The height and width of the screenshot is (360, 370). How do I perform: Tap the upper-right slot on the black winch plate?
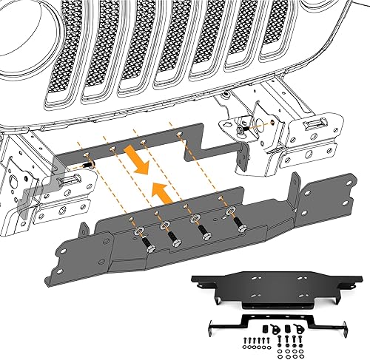301,276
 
